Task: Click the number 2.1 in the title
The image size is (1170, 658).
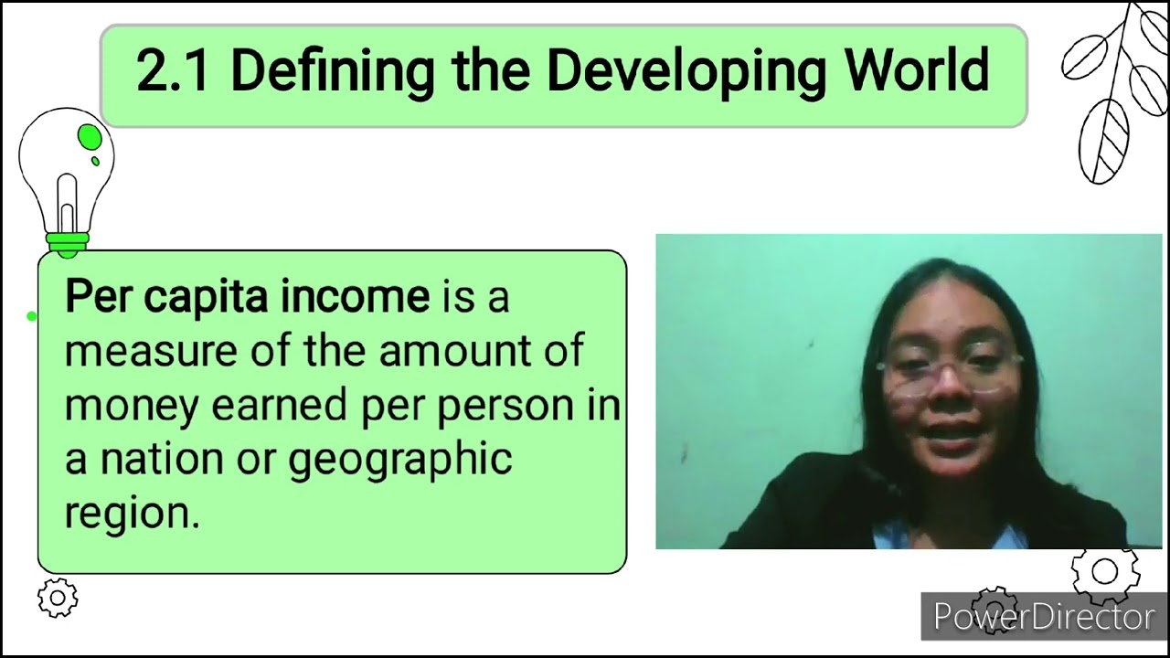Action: point(173,71)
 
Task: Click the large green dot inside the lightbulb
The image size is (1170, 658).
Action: point(90,138)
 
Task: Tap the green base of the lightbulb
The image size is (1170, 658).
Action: point(67,242)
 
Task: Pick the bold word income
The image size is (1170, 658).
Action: point(355,297)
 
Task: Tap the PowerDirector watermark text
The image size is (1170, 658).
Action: point(1044,618)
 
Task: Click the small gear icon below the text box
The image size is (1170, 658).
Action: point(58,599)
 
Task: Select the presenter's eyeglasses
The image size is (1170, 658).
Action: point(948,371)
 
